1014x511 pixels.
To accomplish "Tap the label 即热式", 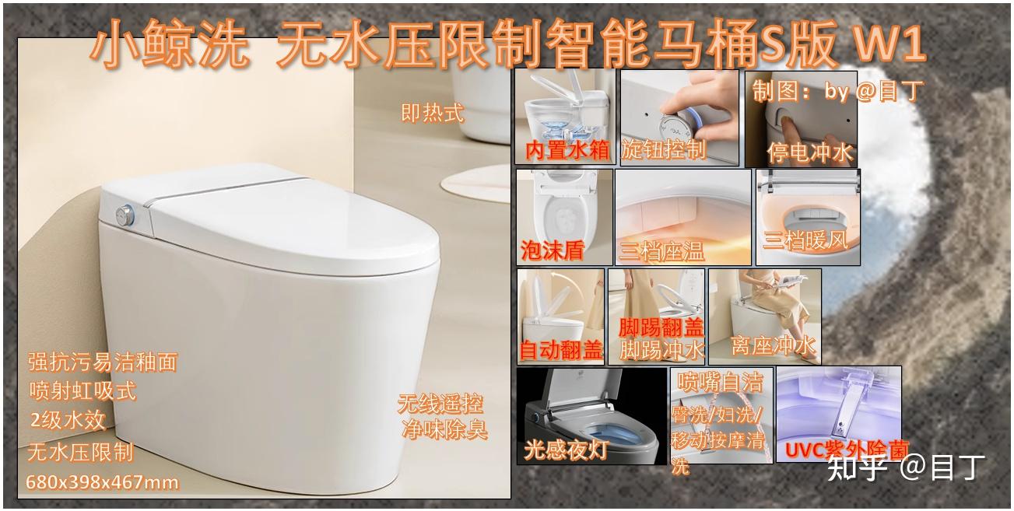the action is tap(433, 113).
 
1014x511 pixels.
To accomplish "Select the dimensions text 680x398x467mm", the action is tap(102, 482).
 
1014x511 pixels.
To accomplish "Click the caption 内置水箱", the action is tap(567, 150).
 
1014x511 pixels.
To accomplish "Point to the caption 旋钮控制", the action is tap(663, 149).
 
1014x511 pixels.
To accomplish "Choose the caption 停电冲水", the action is tap(810, 152).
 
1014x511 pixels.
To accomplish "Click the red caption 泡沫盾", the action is tap(553, 250).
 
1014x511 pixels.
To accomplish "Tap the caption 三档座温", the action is tap(661, 252).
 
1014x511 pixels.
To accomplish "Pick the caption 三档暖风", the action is tap(805, 240).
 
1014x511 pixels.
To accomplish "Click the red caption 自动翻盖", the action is tap(561, 350).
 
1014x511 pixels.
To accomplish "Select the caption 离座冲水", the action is tap(774, 346).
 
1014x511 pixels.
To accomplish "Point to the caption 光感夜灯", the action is tap(566, 450).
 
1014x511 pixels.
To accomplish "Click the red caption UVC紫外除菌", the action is tap(847, 450).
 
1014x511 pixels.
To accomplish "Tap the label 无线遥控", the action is tap(440, 404).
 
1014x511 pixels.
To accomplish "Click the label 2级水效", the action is tap(68, 421).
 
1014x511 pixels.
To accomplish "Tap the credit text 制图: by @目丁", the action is tap(837, 91).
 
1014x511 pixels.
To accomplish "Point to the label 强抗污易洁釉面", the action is tap(103, 362).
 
